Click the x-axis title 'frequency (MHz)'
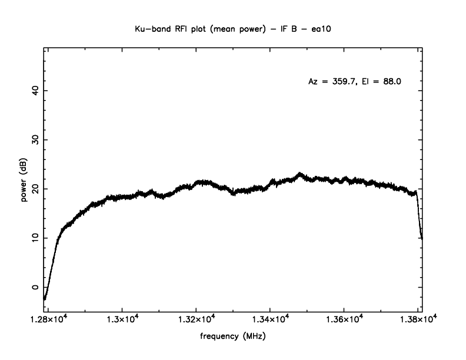pyautogui.click(x=233, y=338)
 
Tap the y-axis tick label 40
pyautogui.click(x=35, y=91)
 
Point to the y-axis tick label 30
pyautogui.click(x=35, y=140)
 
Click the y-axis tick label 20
pyautogui.click(x=35, y=189)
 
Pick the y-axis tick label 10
pyautogui.click(x=35, y=238)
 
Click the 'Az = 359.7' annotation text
pyautogui.click(x=332, y=82)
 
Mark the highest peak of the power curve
pyautogui.click(x=300, y=174)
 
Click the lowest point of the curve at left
pyautogui.click(x=45, y=298)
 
